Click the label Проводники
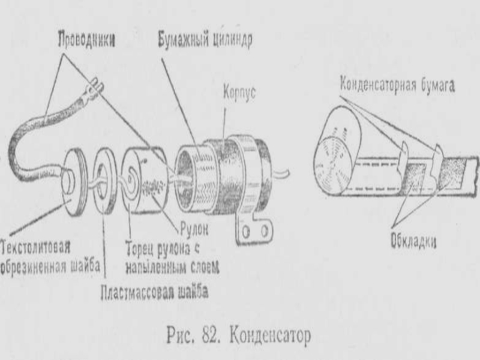click(87, 40)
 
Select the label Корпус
click(239, 92)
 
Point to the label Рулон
click(194, 229)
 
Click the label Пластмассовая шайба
click(155, 293)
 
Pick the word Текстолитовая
click(36, 247)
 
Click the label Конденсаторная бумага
click(397, 85)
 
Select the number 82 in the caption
click(211, 335)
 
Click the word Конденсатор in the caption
click(270, 336)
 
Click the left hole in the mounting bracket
click(246, 232)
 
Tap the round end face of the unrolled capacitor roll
click(334, 164)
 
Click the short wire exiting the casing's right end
click(281, 174)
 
